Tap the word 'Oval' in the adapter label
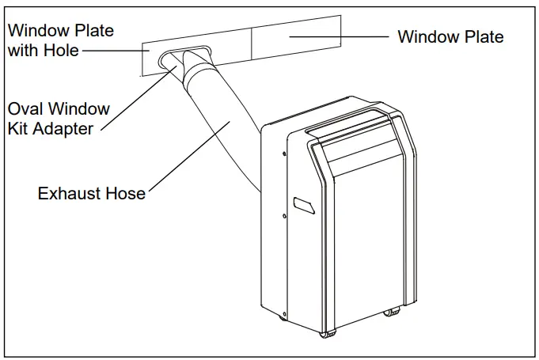click(28, 108)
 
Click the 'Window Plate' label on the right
click(450, 36)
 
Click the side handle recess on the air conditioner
click(302, 203)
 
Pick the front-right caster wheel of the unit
click(390, 312)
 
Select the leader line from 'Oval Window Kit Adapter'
click(135, 100)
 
